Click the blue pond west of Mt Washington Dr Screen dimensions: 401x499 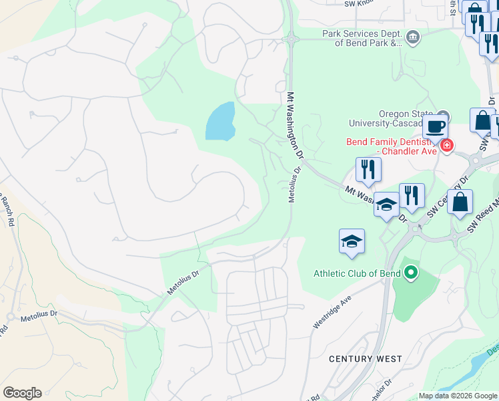[x=220, y=122]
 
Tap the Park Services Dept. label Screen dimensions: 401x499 [x=362, y=38]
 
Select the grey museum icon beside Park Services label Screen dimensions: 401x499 [x=412, y=37]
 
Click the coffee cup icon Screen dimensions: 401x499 [x=435, y=126]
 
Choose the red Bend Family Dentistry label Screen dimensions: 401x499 [x=392, y=146]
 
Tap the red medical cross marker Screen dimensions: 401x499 [x=446, y=144]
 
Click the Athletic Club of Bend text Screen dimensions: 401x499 [x=357, y=273]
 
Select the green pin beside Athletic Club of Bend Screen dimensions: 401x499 [x=411, y=272]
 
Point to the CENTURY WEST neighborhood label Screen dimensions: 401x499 [x=366, y=359]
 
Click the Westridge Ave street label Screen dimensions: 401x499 [x=332, y=313]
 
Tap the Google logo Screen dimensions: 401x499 [x=22, y=393]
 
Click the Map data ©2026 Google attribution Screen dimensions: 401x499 [x=458, y=396]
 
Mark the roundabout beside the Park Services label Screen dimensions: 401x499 [x=292, y=39]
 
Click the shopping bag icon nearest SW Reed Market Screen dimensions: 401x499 [x=460, y=203]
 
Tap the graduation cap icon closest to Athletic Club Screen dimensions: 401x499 [x=352, y=242]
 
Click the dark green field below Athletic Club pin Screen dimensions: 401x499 [x=415, y=300]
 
